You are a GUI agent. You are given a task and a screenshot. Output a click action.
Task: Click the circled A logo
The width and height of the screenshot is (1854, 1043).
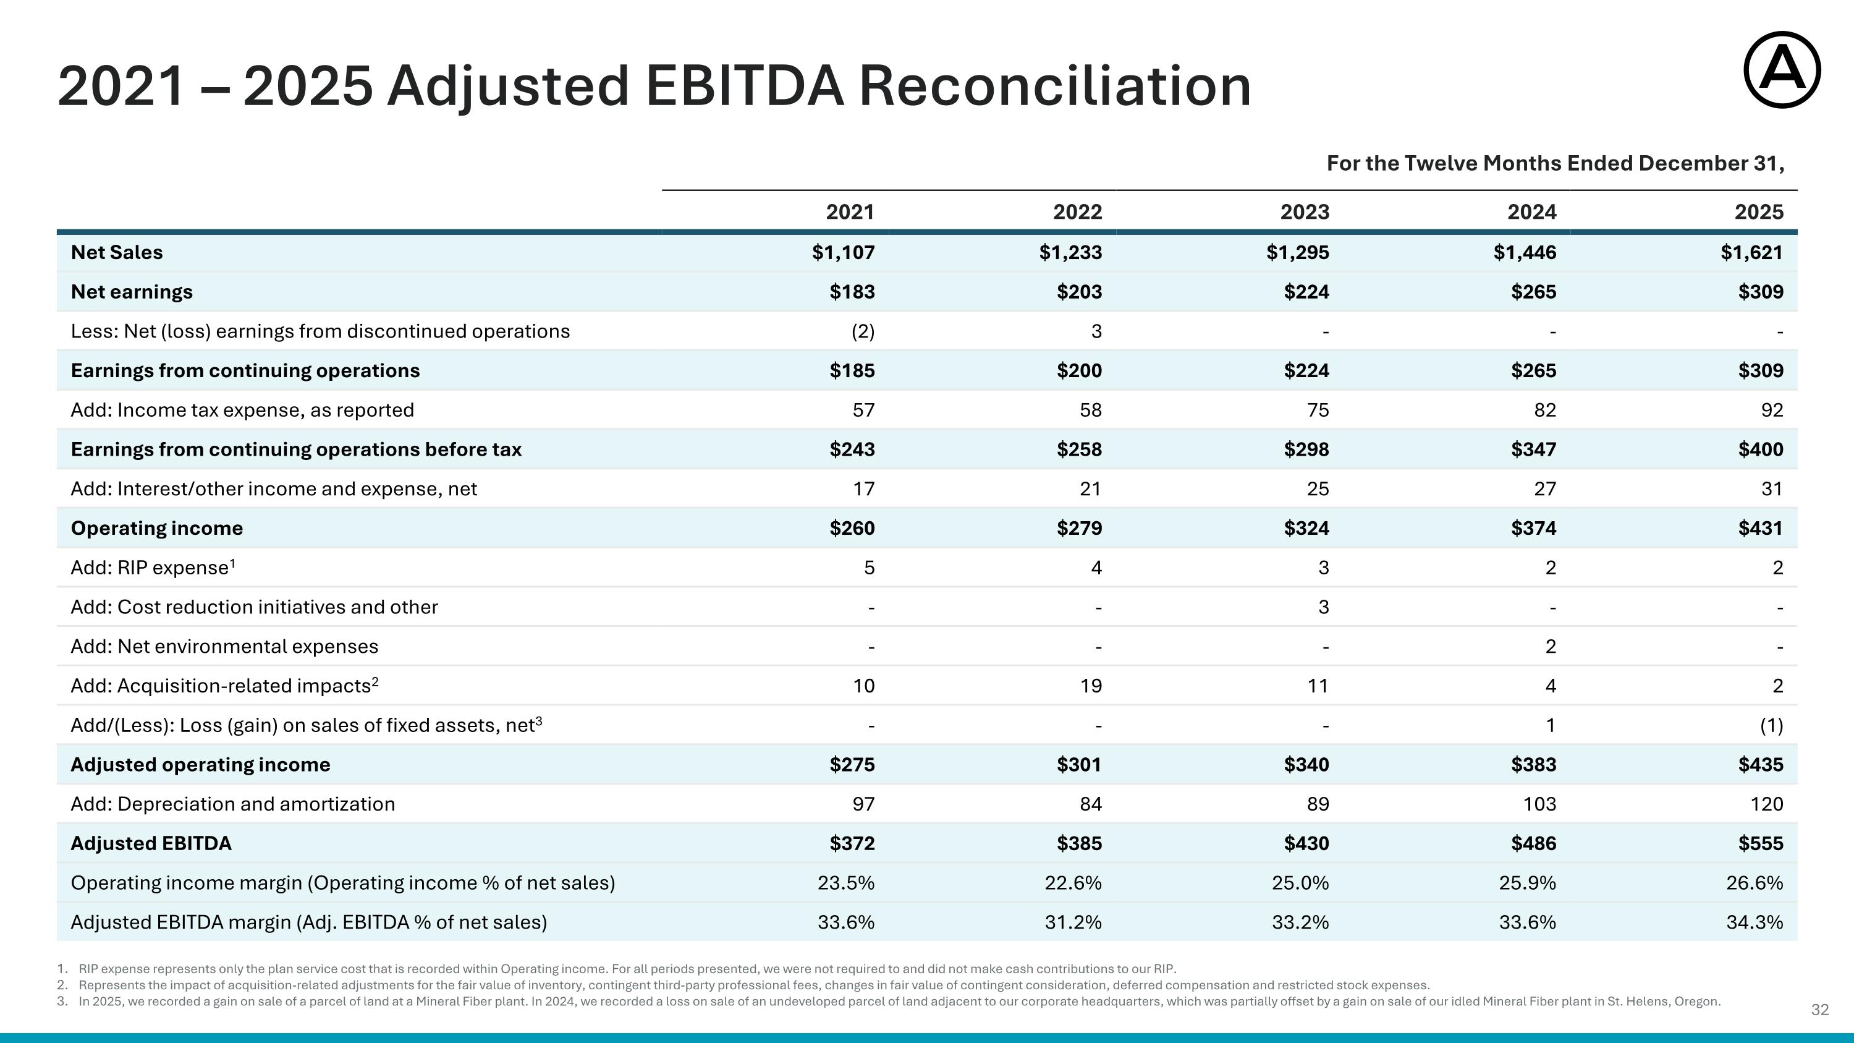coord(1782,70)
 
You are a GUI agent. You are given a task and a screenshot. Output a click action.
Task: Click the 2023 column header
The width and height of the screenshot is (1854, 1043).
coord(1304,211)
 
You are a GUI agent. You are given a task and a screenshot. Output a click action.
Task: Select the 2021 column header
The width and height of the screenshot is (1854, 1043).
coord(850,211)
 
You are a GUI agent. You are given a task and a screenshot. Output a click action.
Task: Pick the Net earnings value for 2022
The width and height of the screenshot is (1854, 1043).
coord(1079,292)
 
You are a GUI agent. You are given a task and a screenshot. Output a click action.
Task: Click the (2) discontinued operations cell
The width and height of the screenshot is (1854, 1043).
coord(863,331)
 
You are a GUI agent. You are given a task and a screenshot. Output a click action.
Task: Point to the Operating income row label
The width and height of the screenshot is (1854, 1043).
coord(157,529)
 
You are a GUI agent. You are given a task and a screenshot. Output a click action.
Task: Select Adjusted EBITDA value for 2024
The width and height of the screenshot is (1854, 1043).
coord(1533,843)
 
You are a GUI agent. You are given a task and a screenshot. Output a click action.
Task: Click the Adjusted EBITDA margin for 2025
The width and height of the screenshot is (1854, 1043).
coord(1755,922)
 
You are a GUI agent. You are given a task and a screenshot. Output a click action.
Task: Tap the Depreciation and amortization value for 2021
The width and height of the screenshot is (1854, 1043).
coord(864,804)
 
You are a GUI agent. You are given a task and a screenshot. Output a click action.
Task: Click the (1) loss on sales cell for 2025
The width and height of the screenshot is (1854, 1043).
coord(1772,725)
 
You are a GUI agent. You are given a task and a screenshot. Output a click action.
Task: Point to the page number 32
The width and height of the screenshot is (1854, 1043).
coord(1820,1010)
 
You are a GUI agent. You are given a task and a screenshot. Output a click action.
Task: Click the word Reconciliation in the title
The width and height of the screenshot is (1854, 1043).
coord(1055,86)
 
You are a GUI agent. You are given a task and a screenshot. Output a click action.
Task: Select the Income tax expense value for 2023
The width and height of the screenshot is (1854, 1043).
coord(1318,411)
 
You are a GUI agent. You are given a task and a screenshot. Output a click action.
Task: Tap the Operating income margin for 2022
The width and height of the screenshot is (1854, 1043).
coord(1073,882)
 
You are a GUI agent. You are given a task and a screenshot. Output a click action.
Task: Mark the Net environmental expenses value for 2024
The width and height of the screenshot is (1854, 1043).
coord(1551,646)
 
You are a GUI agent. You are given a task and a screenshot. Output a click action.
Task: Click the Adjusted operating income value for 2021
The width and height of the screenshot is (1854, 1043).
coord(852,764)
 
